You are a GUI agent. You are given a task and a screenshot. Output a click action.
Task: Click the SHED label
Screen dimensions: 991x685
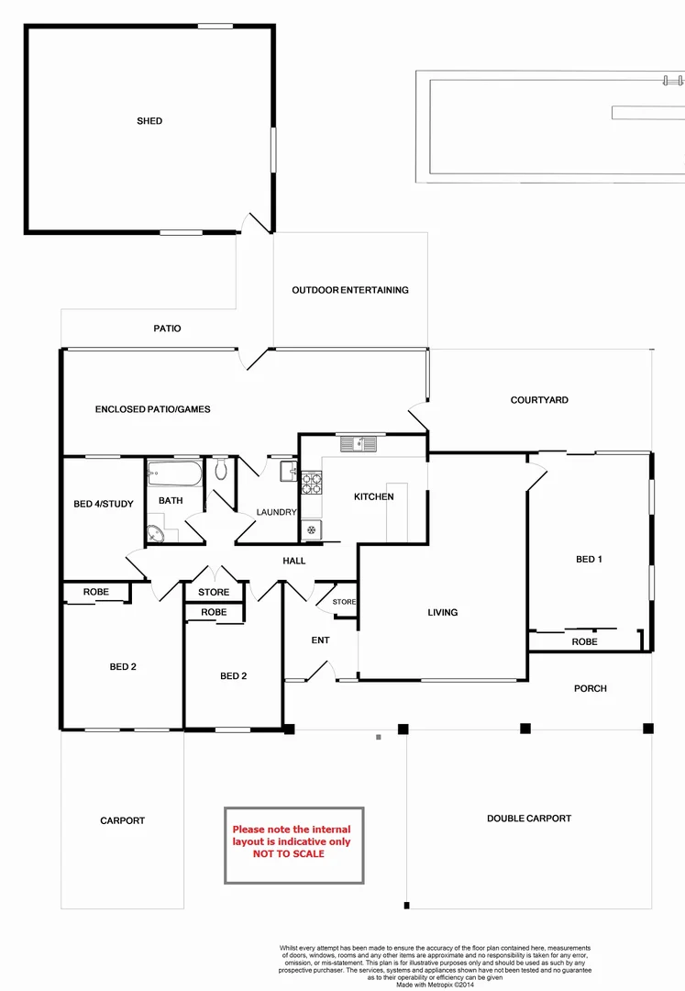[x=149, y=121]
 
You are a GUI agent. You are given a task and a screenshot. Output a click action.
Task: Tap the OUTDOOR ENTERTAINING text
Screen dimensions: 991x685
[x=350, y=290]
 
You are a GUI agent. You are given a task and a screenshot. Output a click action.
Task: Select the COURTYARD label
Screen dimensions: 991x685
[x=539, y=400]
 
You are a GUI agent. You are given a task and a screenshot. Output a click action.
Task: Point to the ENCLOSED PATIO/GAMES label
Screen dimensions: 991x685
[x=152, y=409]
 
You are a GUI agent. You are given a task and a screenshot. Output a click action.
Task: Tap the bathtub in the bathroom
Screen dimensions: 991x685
[x=173, y=475]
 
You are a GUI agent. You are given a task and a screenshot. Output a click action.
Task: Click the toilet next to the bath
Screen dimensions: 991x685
[x=221, y=471]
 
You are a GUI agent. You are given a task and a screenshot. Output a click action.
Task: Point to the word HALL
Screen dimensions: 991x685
[x=294, y=561]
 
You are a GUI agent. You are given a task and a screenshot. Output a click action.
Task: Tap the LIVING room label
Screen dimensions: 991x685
[x=442, y=612]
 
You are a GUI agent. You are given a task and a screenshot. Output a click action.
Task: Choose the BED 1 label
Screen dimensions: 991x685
[x=589, y=559]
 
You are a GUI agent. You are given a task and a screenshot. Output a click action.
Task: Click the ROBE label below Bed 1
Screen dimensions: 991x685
[x=584, y=641]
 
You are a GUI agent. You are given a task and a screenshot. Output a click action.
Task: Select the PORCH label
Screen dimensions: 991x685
[x=591, y=688]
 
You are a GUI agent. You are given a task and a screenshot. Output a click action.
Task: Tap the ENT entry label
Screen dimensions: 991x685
[x=320, y=640]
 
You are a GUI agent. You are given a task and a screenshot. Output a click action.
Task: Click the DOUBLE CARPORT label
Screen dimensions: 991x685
[x=529, y=818]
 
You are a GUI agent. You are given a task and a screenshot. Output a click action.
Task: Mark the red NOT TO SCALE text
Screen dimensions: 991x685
[x=288, y=853]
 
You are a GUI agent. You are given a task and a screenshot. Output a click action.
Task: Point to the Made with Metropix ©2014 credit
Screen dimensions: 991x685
[x=436, y=985]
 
